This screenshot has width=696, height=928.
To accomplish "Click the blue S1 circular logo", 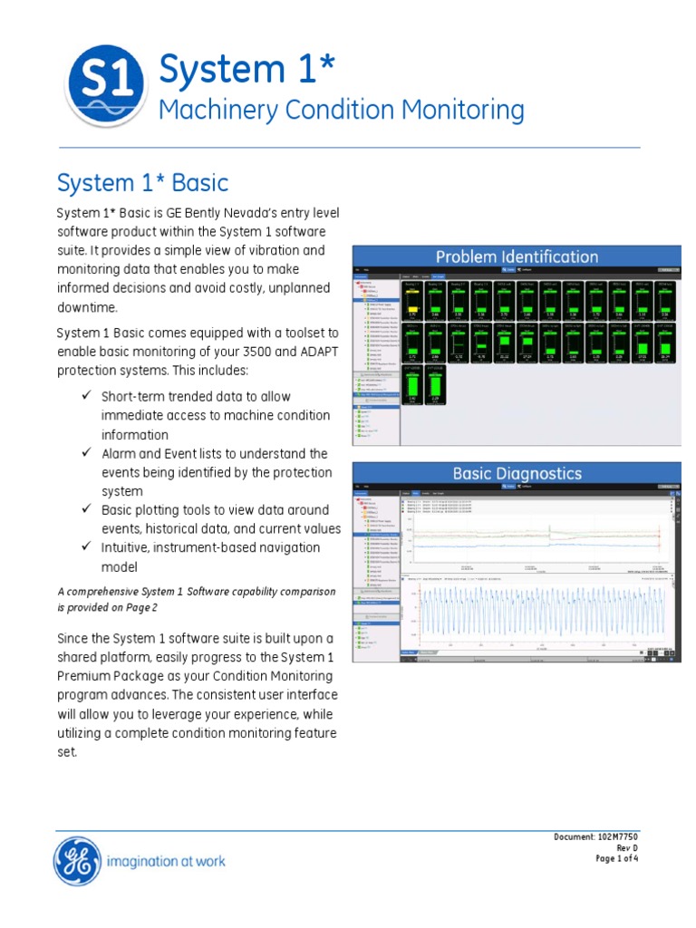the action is [x=106, y=85].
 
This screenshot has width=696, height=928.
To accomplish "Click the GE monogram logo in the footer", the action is [x=77, y=860].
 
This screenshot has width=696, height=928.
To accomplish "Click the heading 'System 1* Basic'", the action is [x=142, y=183].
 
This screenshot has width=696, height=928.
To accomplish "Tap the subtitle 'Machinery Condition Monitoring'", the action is [x=341, y=111].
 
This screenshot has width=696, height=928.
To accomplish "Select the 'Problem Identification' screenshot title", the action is [x=517, y=256].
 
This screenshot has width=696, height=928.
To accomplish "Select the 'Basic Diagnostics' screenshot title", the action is [x=517, y=473].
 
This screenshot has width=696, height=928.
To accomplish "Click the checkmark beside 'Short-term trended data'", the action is [x=87, y=396].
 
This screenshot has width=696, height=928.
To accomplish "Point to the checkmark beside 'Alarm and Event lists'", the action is [x=87, y=452].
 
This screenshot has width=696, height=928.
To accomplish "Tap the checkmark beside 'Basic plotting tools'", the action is [x=87, y=509].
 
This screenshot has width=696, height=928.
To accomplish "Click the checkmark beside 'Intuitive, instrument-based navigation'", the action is [x=87, y=547].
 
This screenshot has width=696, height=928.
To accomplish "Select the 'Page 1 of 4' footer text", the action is [x=616, y=858].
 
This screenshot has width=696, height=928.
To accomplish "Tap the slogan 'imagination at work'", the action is [x=166, y=861].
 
